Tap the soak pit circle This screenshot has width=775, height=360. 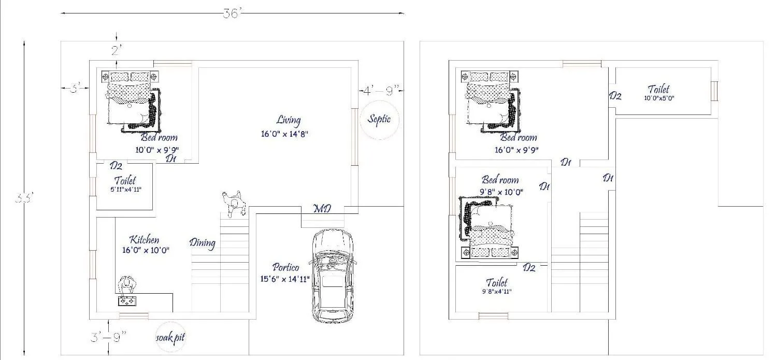click(x=170, y=338)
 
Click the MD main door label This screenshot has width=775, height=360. click(x=322, y=209)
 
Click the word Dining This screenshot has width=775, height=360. click(x=202, y=242)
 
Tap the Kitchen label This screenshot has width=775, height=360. click(x=144, y=240)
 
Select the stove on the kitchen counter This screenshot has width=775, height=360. click(x=126, y=301)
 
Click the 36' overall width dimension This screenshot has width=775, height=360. click(x=233, y=14)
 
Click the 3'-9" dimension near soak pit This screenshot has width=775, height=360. click(x=108, y=338)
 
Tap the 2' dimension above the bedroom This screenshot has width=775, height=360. click(x=117, y=50)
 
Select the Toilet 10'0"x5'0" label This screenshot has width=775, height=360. click(x=659, y=93)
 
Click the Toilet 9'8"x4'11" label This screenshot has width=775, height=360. click(x=497, y=286)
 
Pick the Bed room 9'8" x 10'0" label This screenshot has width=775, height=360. click(x=500, y=185)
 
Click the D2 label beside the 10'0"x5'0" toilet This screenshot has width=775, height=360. click(x=615, y=96)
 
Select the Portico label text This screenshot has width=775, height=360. click(x=285, y=268)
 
